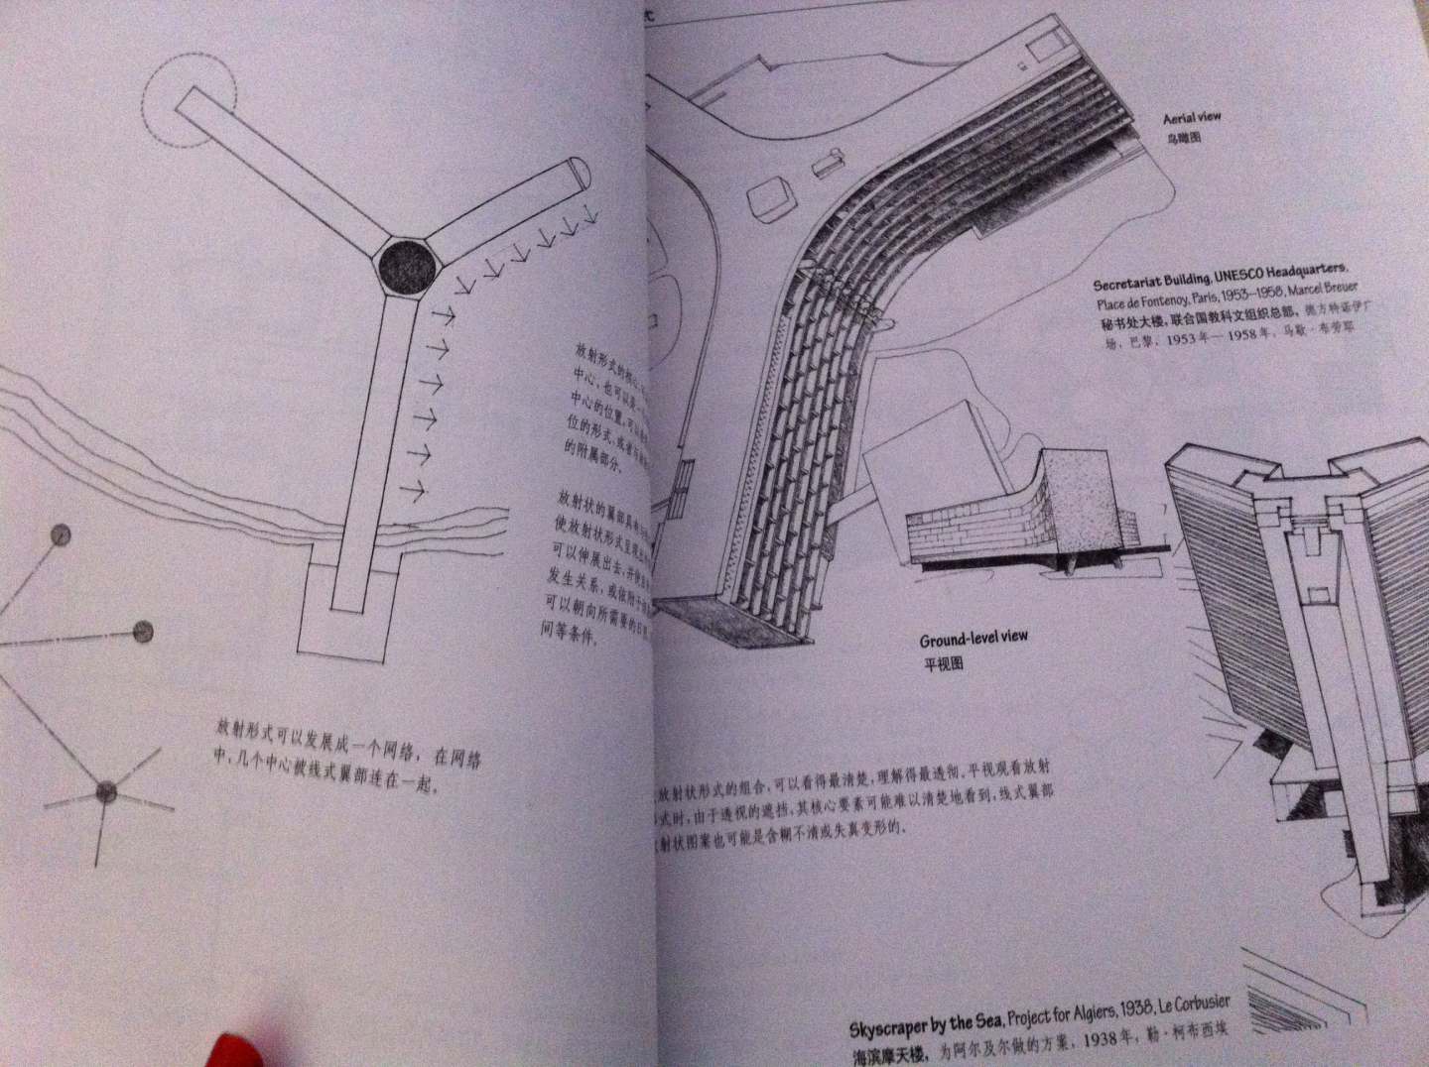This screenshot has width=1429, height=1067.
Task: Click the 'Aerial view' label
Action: tap(1192, 118)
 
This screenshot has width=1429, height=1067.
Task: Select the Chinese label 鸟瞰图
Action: tap(1182, 138)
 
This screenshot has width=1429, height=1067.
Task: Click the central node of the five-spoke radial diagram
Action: tap(104, 790)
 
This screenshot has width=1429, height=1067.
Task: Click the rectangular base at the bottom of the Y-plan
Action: tap(347, 625)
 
